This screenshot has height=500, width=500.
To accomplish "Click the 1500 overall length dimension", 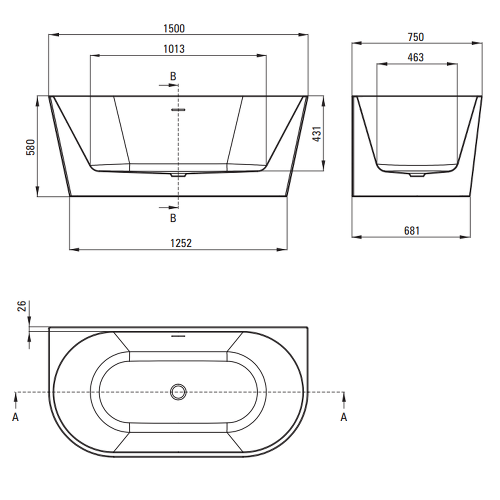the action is point(174,28).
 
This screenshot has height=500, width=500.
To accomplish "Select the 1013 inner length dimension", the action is point(174,49).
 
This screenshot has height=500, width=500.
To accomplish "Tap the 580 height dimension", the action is point(30,147).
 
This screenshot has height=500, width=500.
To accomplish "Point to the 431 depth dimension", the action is point(316,134).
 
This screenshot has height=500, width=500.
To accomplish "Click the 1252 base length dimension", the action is point(181,243).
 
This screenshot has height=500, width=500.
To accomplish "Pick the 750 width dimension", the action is point(416,37).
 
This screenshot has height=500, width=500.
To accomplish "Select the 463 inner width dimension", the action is point(415,57).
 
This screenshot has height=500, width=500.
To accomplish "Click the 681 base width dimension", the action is point(411,231).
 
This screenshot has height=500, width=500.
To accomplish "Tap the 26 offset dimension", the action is point(21,306).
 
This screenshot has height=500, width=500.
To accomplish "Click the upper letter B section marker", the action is point(173,76).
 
